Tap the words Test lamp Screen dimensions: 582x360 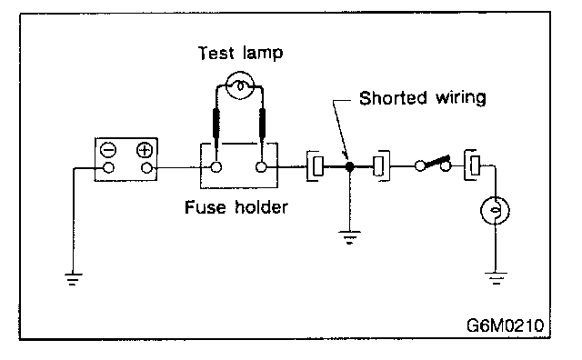[x=240, y=53]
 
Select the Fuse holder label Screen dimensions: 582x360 [x=236, y=207]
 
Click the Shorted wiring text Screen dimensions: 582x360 [x=422, y=98]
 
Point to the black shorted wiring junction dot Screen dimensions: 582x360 [x=349, y=166]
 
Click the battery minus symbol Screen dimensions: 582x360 [x=108, y=150]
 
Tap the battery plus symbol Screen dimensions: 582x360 [x=145, y=150]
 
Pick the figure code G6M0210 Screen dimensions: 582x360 [x=506, y=325]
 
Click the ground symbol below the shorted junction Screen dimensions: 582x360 [x=349, y=237]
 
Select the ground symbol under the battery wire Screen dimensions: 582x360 [x=74, y=279]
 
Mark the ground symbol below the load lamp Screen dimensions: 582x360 [x=496, y=278]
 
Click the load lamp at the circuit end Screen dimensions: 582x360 [x=495, y=210]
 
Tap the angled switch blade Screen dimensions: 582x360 [x=436, y=162]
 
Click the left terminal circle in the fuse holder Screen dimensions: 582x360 [x=216, y=167]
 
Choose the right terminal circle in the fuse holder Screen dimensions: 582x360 [x=261, y=167]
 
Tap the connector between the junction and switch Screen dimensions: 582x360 [x=381, y=166]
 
